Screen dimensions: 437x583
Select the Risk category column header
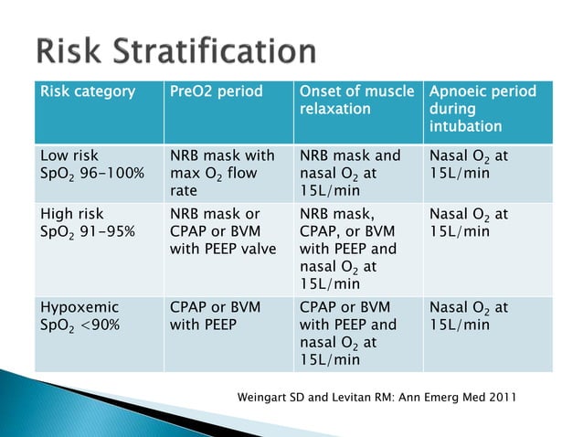pyautogui.click(x=87, y=92)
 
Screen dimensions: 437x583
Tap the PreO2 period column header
pyautogui.click(x=215, y=92)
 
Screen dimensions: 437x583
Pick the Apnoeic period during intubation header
pyautogui.click(x=482, y=109)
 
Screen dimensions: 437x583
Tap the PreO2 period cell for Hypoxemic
pyautogui.click(x=215, y=315)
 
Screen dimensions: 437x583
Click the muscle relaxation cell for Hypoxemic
pyautogui.click(x=350, y=333)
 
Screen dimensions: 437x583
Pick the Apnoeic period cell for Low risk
pyautogui.click(x=469, y=165)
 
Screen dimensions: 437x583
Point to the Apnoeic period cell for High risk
pyautogui.click(x=469, y=224)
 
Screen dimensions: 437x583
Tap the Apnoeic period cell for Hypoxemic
pyautogui.click(x=469, y=315)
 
